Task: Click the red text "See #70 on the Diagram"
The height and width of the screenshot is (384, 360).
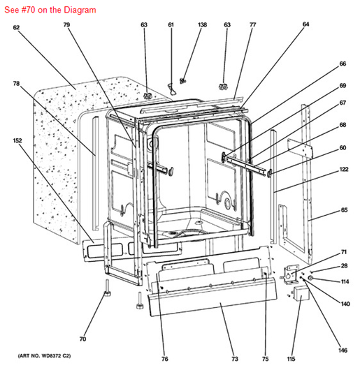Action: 50,10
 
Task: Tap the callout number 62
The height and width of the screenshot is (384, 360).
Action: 16,27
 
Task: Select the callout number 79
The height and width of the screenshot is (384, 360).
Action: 66,24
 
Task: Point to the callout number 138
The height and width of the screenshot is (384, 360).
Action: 202,24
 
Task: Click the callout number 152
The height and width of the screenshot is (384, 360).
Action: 17,140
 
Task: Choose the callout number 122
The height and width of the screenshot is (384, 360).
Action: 344,169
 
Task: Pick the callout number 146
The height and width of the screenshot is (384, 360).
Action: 343,350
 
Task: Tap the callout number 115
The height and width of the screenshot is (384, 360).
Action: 291,359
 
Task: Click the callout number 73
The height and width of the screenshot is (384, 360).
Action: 235,359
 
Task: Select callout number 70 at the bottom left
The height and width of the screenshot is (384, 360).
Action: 82,339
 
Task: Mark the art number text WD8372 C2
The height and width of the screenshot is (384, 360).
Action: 56,355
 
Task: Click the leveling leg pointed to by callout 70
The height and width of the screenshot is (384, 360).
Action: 107,288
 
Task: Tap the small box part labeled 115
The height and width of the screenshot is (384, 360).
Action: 301,293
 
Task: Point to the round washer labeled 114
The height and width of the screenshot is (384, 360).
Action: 310,278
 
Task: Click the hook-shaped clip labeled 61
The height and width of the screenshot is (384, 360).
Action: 172,89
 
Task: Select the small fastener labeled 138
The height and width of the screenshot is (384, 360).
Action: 182,80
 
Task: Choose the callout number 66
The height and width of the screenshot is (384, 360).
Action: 343,64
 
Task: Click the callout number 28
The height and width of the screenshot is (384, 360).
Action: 344,266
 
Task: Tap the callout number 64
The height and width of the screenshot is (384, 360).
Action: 305,24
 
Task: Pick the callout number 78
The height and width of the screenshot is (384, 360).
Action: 16,84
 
